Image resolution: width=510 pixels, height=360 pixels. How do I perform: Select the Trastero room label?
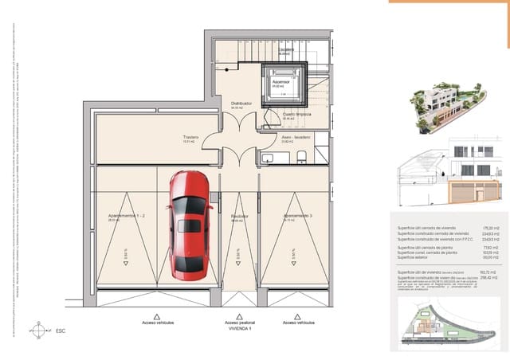coord(190,136)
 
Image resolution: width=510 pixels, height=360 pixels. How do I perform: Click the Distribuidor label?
coord(241,104)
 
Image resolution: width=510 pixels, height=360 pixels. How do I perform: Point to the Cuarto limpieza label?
coord(296,114)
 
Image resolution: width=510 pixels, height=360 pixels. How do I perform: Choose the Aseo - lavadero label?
coord(295,136)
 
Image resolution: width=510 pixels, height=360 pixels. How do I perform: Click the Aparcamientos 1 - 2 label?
coord(126,216)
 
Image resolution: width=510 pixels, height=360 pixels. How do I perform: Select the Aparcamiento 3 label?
coord(296,216)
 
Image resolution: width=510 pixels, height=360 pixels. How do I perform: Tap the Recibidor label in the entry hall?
coord(238,216)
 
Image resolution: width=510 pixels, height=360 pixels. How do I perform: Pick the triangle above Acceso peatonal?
coord(237,316)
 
